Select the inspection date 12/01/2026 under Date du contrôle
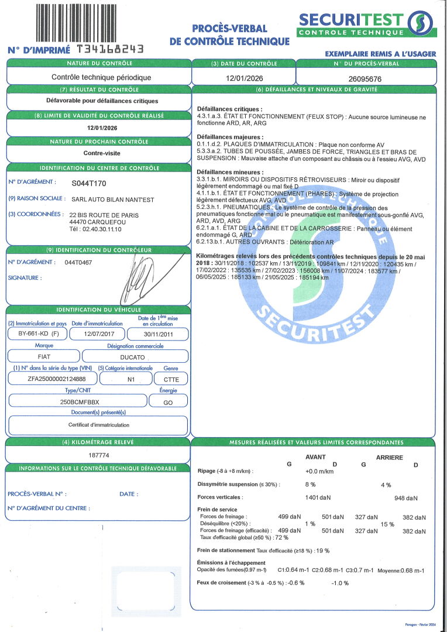[x=243, y=78]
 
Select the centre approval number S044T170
[x=89, y=183]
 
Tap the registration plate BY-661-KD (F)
[x=36, y=334]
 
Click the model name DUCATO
[x=135, y=356]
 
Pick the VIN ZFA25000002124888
[x=52, y=379]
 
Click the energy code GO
[x=168, y=402]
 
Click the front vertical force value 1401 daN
[x=318, y=497]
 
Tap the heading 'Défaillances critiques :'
[x=230, y=109]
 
